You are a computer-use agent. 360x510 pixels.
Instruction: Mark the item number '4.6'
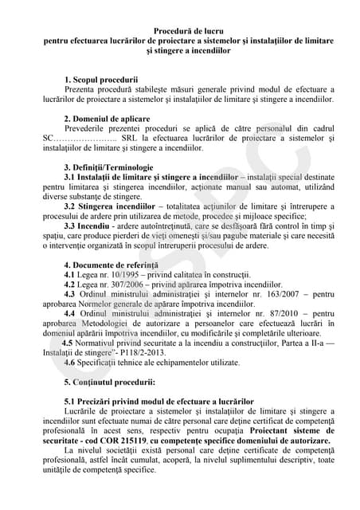[x=71, y=363]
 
